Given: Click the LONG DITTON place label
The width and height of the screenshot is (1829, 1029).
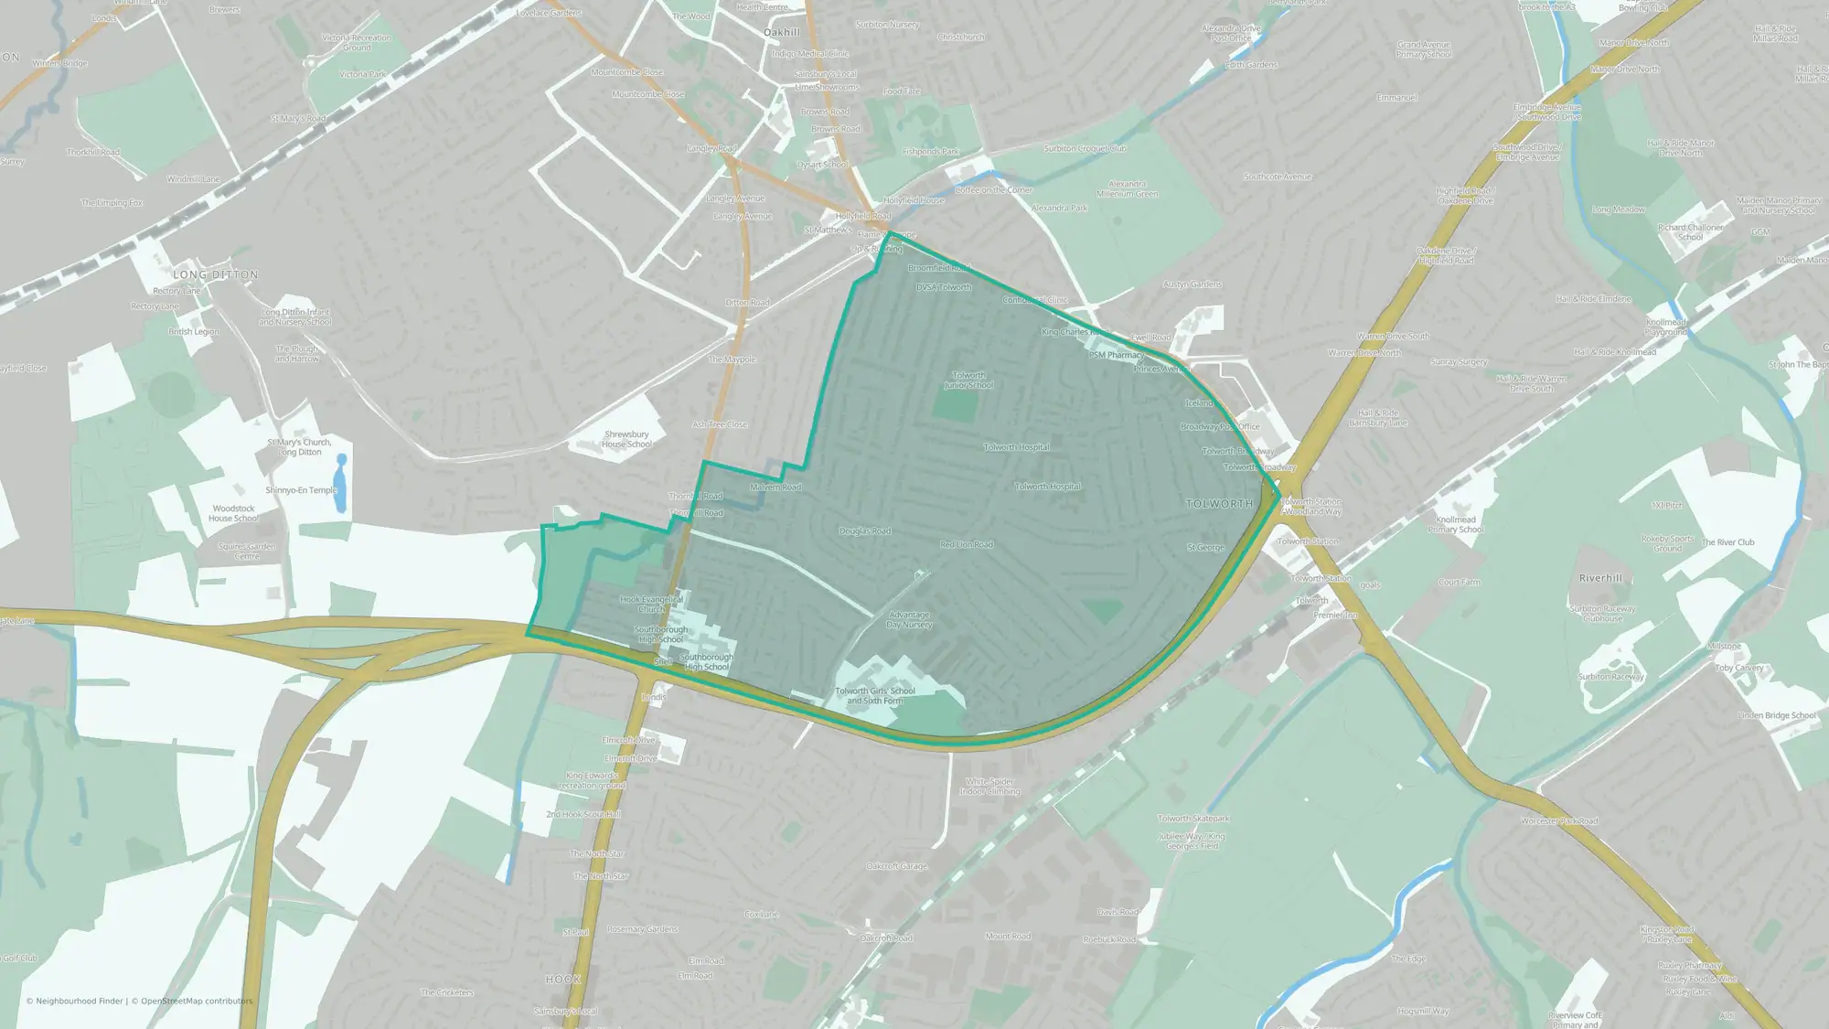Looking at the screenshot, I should coord(216,274).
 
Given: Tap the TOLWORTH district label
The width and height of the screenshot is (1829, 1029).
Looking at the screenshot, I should coord(1219,504).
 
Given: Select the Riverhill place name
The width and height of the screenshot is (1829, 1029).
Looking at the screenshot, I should coord(1600,578).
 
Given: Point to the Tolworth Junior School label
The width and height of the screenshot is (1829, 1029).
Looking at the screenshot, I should coord(968,381).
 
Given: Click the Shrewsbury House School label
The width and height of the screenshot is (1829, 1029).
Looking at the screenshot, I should coord(626,440).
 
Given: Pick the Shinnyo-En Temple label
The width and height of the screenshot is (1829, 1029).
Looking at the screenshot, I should coord(301,490).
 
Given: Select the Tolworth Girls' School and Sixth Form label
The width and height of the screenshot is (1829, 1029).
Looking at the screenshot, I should coord(874,696).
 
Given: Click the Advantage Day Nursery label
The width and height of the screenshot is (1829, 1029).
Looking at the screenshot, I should coord(909,620).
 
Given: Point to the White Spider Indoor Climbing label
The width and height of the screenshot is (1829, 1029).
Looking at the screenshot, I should coord(989,787).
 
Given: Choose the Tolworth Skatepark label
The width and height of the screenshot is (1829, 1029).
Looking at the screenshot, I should coord(1193,819).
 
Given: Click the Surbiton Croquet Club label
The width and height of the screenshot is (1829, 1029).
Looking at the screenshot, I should coord(1085,148).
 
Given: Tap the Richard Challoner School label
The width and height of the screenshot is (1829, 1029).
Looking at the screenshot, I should coord(1690,232).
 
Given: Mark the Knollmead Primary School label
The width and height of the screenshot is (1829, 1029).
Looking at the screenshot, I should coord(1455,524).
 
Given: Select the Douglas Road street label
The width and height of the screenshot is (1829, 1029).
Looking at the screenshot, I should coord(865,531).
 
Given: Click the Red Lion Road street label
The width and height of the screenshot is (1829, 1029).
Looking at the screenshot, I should coord(967,544).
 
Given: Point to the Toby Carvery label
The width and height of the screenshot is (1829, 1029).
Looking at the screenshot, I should coord(1739,668).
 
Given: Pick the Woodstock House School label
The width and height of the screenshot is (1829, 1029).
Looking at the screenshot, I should coord(233,513).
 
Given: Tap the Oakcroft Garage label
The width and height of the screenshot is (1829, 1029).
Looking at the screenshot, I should coord(896,866).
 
